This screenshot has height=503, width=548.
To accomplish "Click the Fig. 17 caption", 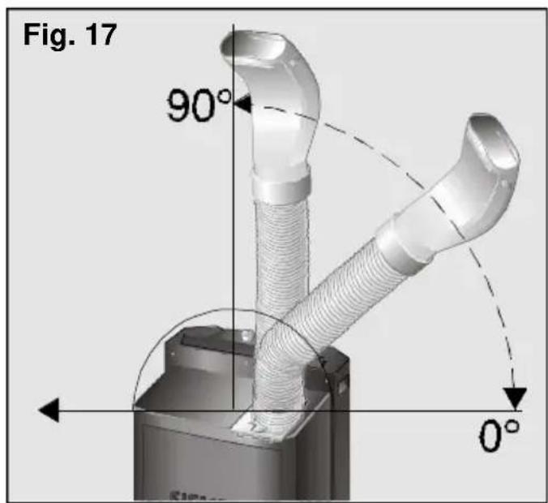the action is pyautogui.click(x=70, y=36).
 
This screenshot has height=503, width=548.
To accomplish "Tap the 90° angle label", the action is pyautogui.click(x=199, y=105).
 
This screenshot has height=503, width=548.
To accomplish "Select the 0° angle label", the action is pyautogui.click(x=499, y=436).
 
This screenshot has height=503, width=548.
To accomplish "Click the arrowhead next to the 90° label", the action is pyautogui.click(x=242, y=104).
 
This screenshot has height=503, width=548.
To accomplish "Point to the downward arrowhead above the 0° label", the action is pyautogui.click(x=515, y=398).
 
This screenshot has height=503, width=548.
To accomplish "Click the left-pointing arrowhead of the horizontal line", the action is pyautogui.click(x=49, y=410).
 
